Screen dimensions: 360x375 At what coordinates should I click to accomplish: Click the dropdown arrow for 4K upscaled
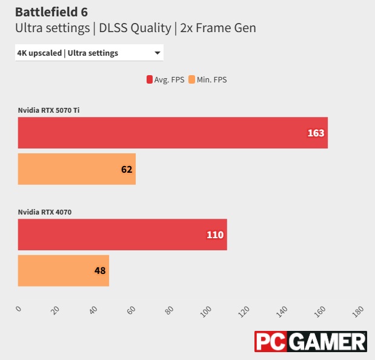click(158, 53)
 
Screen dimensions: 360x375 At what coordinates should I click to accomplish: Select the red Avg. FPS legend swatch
click(149, 79)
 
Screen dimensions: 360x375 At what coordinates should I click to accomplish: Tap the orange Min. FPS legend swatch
click(191, 79)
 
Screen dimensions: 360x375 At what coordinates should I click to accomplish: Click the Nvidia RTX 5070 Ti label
click(48, 110)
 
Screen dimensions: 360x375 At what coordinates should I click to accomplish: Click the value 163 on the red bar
click(316, 133)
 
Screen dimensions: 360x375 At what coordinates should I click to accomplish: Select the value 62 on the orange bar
click(127, 169)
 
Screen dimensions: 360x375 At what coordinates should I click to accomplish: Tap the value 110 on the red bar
click(215, 235)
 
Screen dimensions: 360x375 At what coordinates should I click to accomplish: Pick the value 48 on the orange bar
click(100, 271)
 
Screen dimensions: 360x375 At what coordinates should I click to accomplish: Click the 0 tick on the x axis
click(18, 309)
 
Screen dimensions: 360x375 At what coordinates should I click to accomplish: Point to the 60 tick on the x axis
click(131, 311)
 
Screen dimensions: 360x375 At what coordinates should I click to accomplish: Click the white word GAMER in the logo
click(328, 342)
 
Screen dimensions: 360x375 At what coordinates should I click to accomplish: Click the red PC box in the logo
click(270, 342)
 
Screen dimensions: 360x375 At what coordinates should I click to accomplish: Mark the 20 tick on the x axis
click(56, 311)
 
